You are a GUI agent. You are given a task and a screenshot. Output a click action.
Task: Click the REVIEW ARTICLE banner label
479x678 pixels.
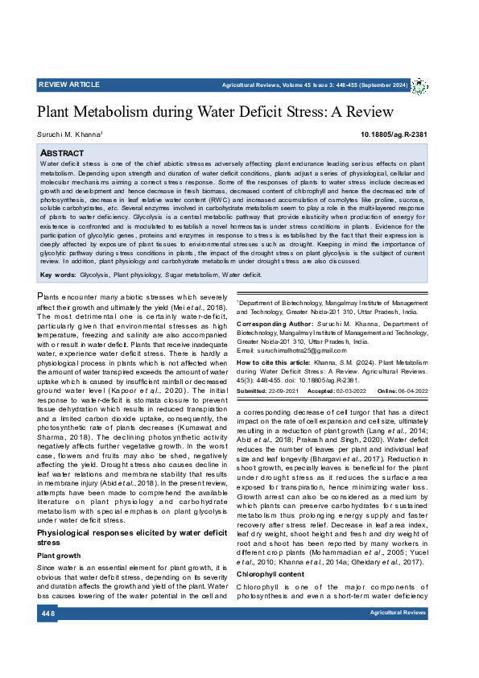point(69,85)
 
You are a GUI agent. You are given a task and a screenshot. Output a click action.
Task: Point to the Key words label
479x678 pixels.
point(57,275)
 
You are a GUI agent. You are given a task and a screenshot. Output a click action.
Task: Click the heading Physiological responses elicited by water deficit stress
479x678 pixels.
point(133,515)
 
